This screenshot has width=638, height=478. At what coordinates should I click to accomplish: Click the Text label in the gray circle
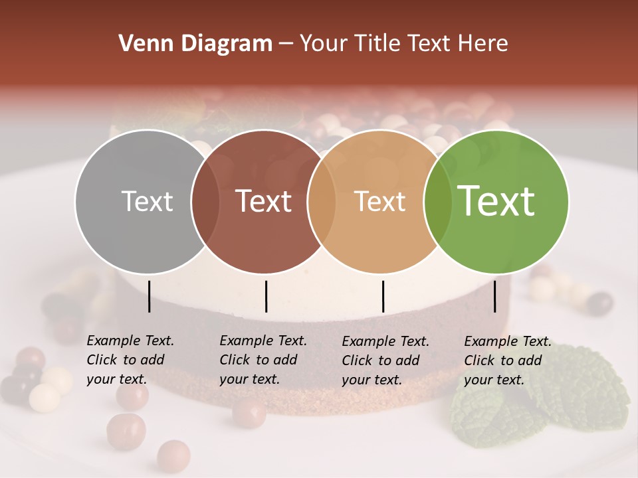point(147,201)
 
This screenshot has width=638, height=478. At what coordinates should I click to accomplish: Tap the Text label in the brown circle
point(264,201)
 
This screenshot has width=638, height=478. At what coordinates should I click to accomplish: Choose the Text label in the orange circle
point(379,201)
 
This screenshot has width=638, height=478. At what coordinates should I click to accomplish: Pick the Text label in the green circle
point(496,201)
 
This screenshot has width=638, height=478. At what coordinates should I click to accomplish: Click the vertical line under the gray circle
point(150,296)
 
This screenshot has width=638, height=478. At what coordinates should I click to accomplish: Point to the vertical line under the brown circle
point(266,296)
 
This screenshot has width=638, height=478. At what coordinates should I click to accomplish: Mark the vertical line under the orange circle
point(383,296)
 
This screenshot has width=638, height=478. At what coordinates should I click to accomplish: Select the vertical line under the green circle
point(495,296)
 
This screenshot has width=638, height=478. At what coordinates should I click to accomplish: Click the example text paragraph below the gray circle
point(130,360)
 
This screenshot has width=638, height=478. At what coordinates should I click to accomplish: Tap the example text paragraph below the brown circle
point(263,360)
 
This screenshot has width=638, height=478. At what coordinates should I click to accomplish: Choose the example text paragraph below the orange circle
point(385,360)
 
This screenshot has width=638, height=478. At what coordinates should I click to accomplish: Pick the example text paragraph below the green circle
point(507,360)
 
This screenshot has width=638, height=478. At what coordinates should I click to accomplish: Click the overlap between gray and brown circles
point(205,201)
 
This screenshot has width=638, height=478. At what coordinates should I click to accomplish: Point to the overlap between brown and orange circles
point(322,201)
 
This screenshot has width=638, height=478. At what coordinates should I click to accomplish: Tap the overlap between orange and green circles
point(438,201)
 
